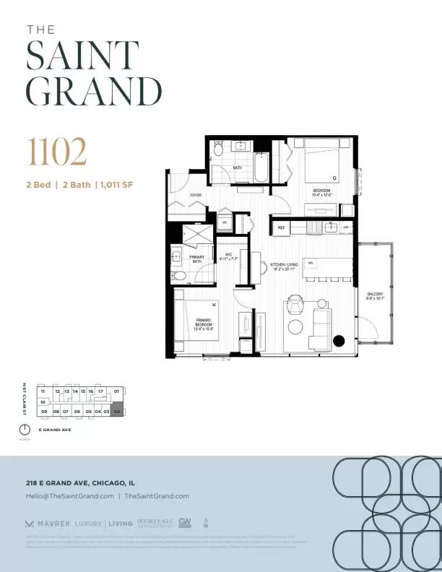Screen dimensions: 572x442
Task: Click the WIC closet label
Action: pos(228,256)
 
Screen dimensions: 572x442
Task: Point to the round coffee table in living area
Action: pos(295,327)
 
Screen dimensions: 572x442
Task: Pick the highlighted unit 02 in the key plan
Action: pos(117,411)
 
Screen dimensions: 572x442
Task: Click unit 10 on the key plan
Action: pos(43,402)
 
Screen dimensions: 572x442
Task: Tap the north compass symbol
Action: pos(25,430)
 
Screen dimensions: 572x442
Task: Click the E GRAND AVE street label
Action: pos(55,430)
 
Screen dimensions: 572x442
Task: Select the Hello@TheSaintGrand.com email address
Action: pos(69,496)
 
